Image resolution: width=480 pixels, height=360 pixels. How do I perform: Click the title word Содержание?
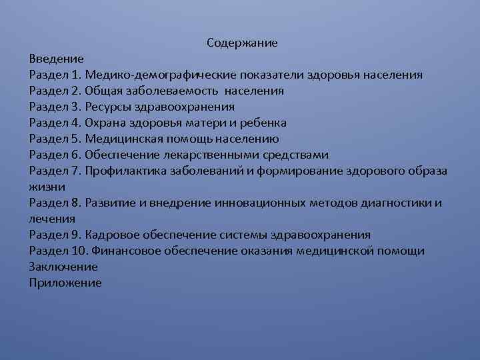(242, 43)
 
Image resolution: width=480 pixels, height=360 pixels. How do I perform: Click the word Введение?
(57, 59)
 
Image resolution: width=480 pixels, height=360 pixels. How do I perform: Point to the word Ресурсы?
(110, 107)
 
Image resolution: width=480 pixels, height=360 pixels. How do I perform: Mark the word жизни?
(44, 187)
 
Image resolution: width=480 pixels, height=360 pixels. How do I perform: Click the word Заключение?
(63, 267)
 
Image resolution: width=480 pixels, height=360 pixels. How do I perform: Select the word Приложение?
(65, 283)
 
